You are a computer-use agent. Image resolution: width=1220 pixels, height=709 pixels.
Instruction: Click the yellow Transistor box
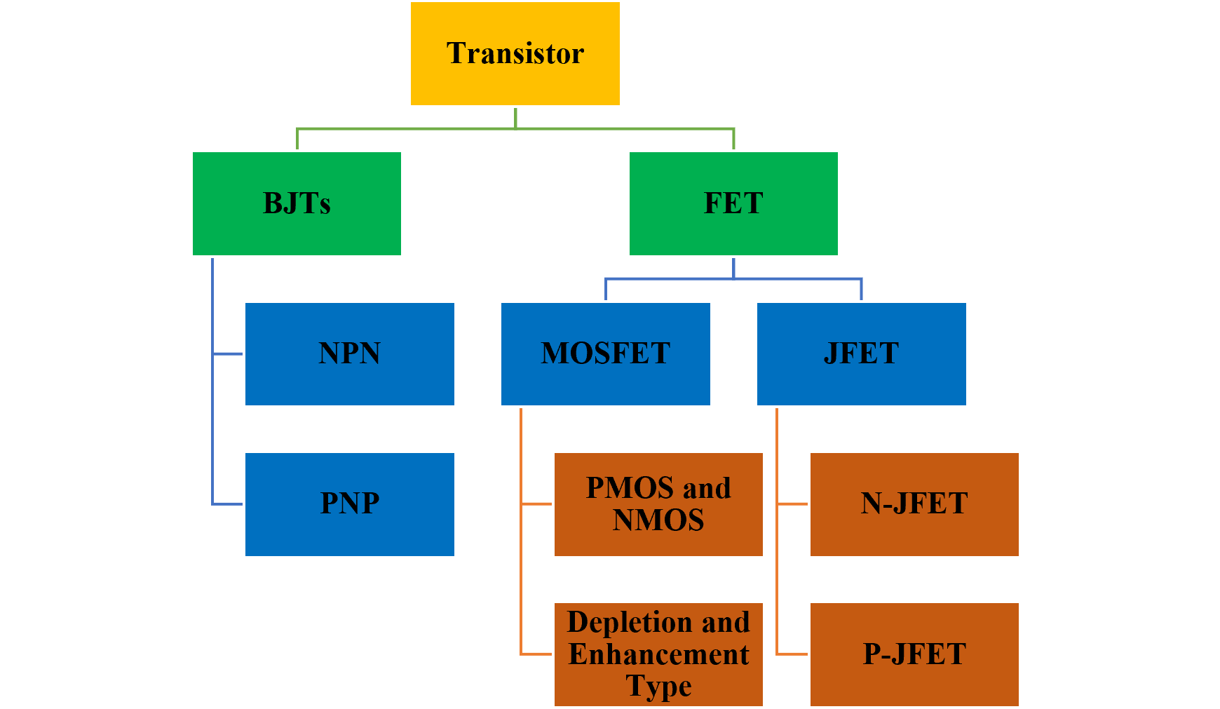[x=515, y=53]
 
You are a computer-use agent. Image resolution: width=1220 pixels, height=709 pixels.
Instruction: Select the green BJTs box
[x=297, y=203]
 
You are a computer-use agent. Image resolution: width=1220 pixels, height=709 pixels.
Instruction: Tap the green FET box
[x=733, y=203]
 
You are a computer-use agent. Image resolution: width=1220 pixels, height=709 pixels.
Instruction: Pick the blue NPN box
[x=349, y=353]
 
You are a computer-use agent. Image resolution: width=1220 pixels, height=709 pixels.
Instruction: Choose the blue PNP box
[x=349, y=504]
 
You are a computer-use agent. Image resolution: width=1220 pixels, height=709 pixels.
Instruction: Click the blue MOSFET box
[x=605, y=353]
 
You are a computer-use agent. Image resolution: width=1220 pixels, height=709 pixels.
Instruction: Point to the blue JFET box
[x=861, y=353]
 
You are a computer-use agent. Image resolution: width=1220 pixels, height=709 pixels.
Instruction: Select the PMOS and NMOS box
[x=658, y=504]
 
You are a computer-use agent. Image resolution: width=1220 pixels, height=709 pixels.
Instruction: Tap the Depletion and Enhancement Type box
[x=658, y=654]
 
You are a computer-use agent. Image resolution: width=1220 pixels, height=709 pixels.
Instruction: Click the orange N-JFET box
[x=914, y=504]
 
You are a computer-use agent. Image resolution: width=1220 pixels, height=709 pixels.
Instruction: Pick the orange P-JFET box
[x=914, y=654]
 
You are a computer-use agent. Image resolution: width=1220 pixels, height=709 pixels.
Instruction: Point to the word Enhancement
[x=658, y=654]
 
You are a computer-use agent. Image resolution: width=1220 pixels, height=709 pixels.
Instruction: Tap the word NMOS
[x=658, y=520]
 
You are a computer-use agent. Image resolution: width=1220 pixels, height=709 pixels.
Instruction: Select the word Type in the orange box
[x=658, y=686]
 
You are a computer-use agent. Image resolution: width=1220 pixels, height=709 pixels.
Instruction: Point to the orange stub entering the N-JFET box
[x=793, y=504]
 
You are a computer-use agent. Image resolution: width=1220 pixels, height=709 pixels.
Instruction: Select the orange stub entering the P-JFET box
[x=793, y=654]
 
